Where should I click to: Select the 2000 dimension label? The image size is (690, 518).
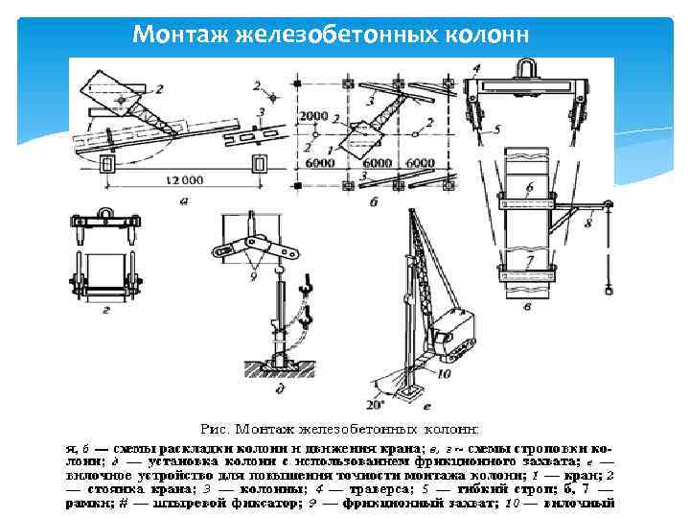(x=313, y=116)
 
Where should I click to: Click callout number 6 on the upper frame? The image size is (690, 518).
(x=529, y=185)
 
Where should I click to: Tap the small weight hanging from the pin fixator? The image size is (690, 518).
(x=606, y=285)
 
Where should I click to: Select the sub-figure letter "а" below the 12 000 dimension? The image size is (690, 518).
(x=182, y=201)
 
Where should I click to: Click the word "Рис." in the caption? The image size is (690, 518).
(x=212, y=430)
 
